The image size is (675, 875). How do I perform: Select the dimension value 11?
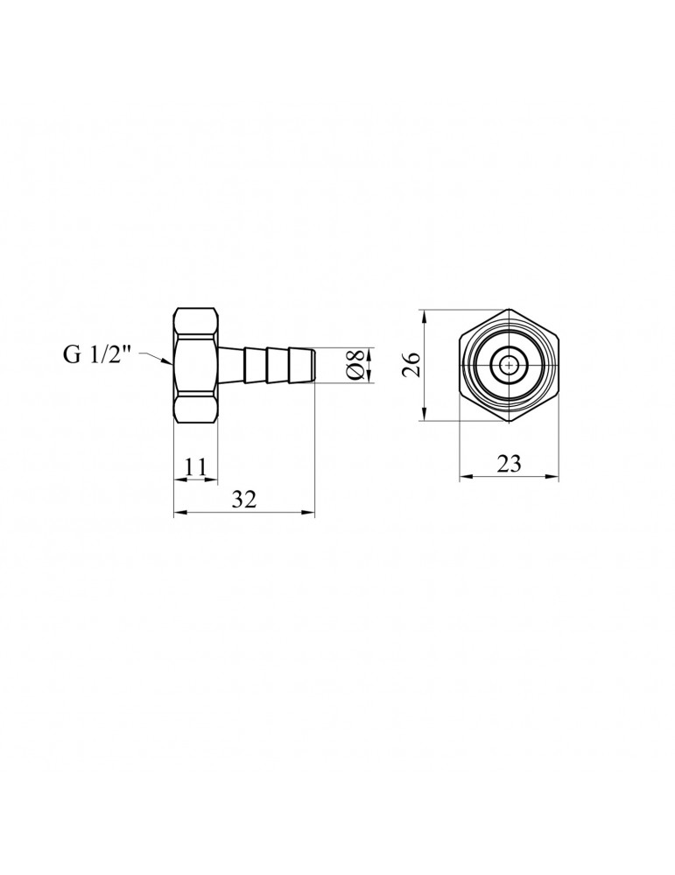[x=195, y=467]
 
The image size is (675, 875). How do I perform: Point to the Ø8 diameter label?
[x=355, y=365]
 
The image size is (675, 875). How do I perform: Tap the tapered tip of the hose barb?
[x=306, y=365]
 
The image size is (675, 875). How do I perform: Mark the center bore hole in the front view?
[x=509, y=365]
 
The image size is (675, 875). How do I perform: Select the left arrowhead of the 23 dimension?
[x=464, y=478]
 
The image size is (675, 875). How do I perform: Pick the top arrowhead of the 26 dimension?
[x=425, y=313]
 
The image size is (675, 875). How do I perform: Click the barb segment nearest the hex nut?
[x=232, y=365]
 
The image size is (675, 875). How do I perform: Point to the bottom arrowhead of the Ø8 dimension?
[x=369, y=378]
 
